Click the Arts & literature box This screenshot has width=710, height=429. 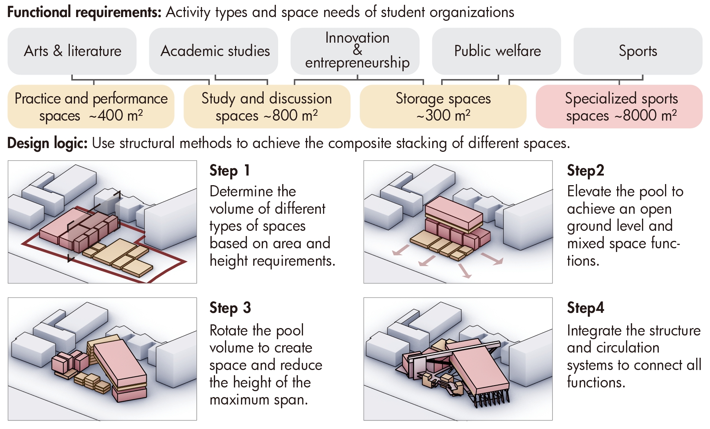click(x=72, y=51)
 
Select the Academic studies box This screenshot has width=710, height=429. click(x=214, y=51)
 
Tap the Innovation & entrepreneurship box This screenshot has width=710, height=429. click(x=355, y=51)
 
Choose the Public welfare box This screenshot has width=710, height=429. click(x=496, y=51)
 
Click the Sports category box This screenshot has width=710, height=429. click(x=638, y=51)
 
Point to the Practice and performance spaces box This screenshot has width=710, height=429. click(x=91, y=107)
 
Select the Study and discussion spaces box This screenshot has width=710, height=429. click(x=267, y=107)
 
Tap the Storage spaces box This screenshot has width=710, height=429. click(x=443, y=107)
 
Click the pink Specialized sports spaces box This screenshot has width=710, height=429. click(x=619, y=107)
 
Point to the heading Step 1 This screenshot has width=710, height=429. click(x=229, y=171)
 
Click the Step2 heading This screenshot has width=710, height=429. click(x=586, y=171)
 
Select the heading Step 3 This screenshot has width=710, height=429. click(x=230, y=308)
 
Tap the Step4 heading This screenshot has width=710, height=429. click(x=586, y=308)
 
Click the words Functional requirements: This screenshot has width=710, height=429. click(x=84, y=12)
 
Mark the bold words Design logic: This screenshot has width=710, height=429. click(x=48, y=143)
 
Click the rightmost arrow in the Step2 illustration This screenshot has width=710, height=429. click(x=492, y=259)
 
